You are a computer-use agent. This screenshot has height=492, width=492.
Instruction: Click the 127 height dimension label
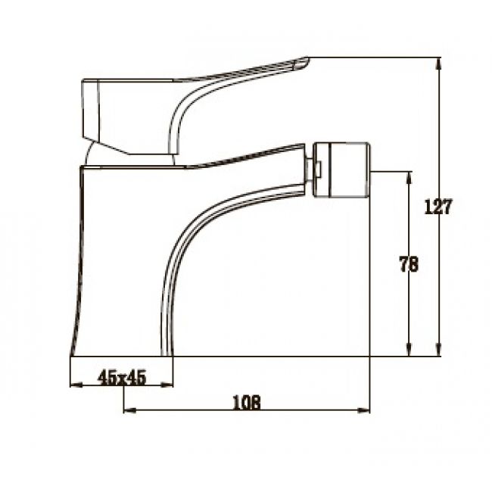click(x=438, y=207)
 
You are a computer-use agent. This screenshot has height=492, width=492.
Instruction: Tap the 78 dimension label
click(x=409, y=264)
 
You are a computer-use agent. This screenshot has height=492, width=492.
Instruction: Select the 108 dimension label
click(x=247, y=403)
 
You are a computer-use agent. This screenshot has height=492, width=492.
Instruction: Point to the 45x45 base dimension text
click(x=122, y=378)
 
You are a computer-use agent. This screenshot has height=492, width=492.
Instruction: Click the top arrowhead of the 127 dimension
click(x=439, y=64)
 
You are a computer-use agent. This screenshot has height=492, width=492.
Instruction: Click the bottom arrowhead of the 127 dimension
click(x=439, y=350)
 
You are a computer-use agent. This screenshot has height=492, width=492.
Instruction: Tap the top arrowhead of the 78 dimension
click(x=409, y=178)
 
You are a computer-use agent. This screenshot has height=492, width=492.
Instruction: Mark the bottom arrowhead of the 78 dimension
click(x=409, y=350)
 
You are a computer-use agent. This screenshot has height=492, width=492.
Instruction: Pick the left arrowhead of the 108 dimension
click(x=130, y=409)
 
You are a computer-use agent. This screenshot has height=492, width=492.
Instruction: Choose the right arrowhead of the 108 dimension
click(x=364, y=409)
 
